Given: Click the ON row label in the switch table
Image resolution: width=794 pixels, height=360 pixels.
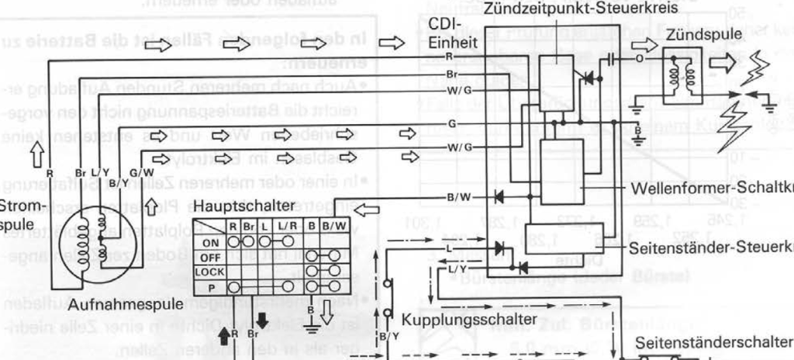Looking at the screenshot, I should pos(210,241).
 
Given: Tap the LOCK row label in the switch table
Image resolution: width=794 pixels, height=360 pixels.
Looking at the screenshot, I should pos(210,271).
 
